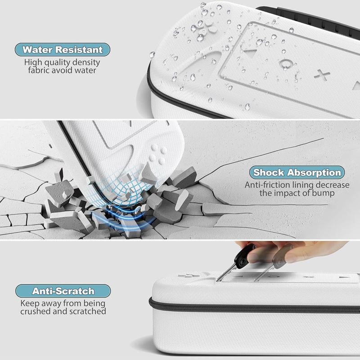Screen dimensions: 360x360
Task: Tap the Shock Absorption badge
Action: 297,172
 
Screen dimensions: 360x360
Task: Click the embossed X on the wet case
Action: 320,73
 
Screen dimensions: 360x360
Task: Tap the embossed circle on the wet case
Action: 284,63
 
